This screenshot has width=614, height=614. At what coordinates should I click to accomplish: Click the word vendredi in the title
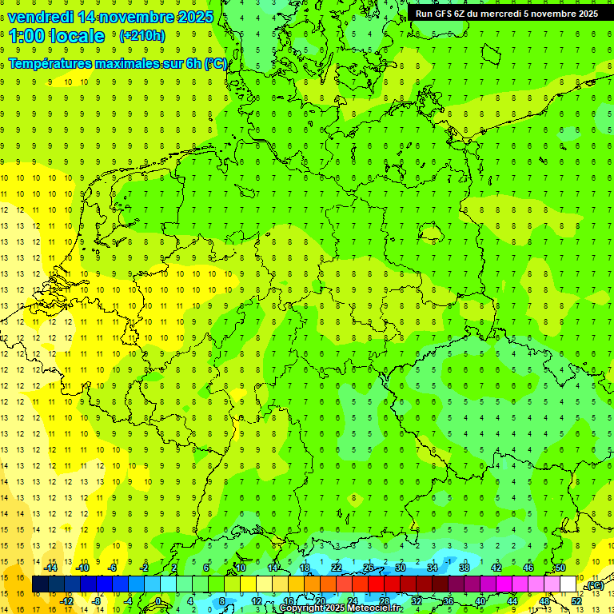click(x=42, y=17)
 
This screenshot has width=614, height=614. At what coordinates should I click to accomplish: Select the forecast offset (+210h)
click(x=142, y=36)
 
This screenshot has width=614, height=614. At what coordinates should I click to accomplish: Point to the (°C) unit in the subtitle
click(x=215, y=63)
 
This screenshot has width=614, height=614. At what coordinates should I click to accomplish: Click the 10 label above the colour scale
click(x=241, y=568)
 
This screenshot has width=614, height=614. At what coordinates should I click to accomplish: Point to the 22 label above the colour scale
click(x=337, y=568)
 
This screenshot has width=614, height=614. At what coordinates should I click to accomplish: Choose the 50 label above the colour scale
click(x=560, y=568)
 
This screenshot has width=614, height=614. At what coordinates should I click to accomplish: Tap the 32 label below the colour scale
click(x=417, y=601)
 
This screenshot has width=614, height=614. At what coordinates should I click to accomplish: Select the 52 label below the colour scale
click(x=576, y=601)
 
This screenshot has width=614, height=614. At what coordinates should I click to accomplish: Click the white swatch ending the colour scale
click(x=568, y=584)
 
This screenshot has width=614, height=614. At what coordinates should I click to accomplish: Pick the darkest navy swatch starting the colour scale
click(x=40, y=584)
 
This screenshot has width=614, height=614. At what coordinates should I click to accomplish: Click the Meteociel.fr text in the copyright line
click(x=375, y=608)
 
